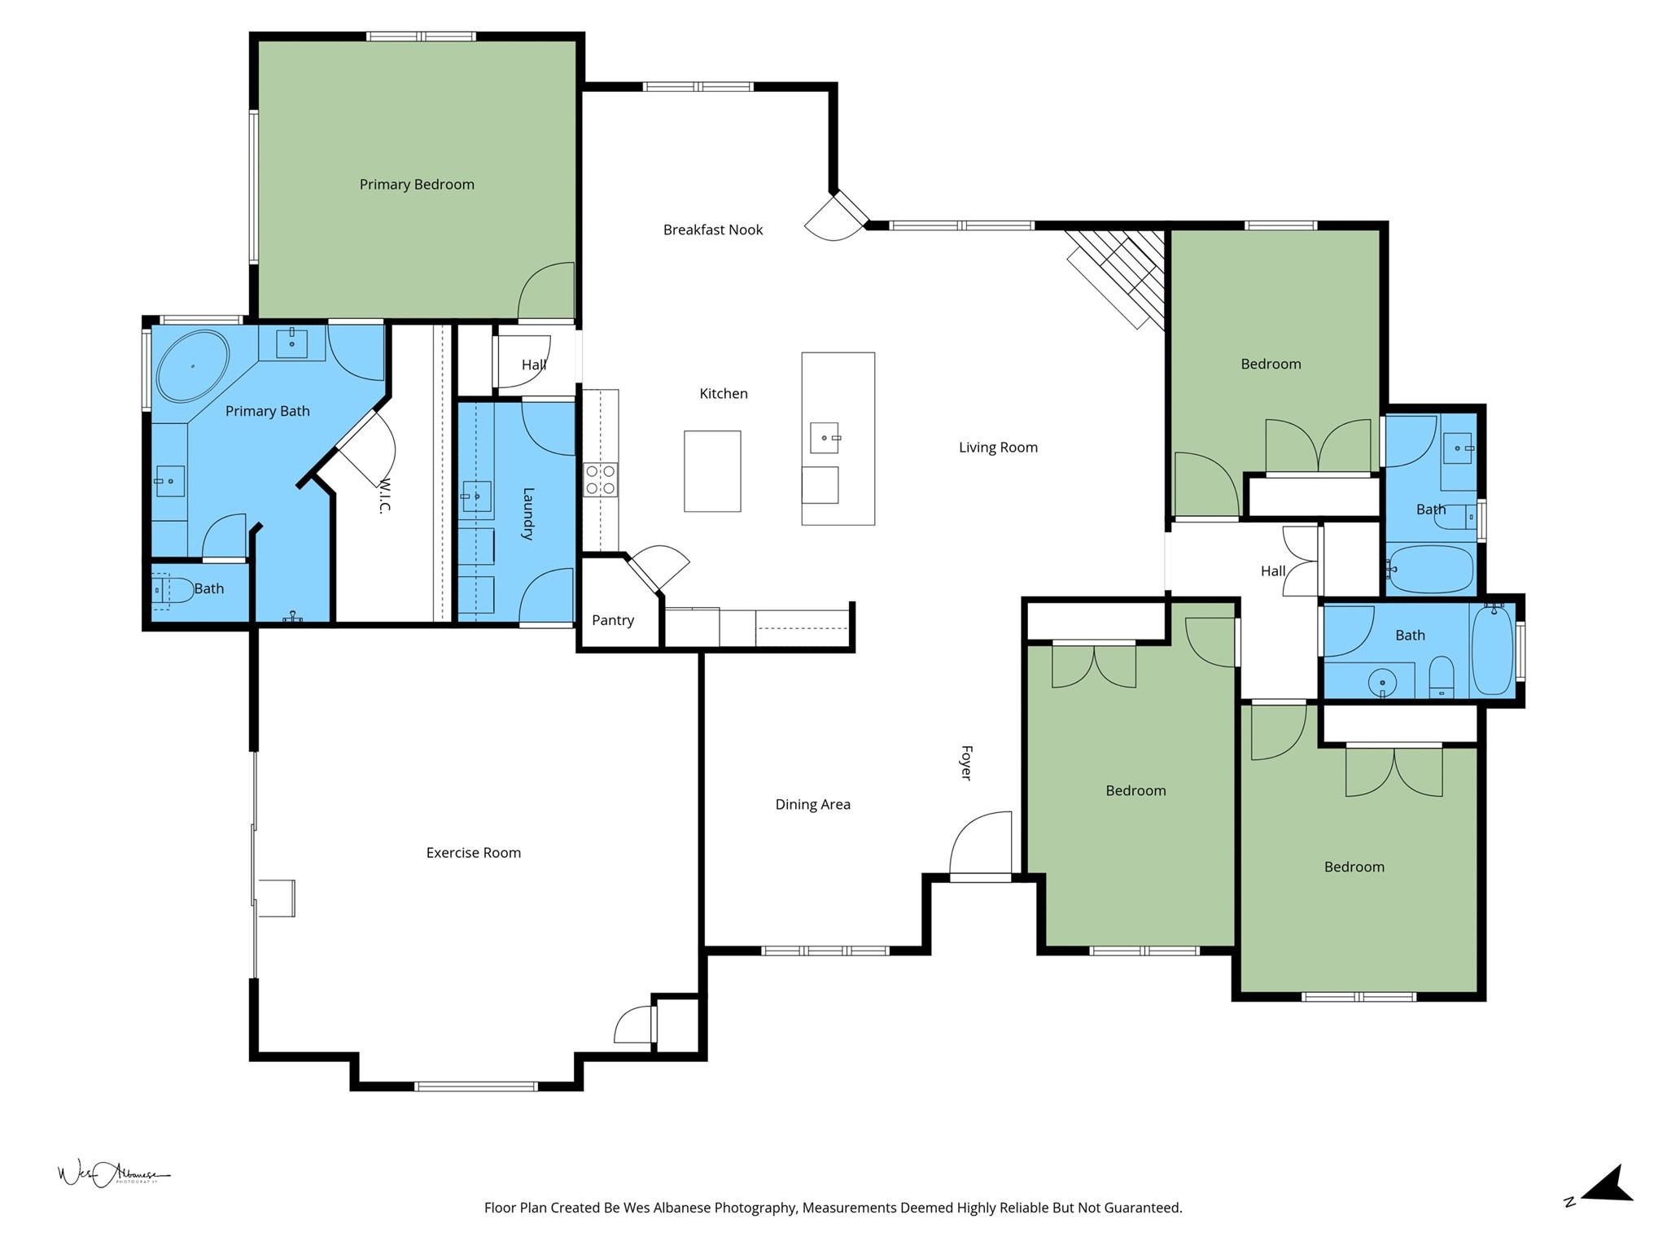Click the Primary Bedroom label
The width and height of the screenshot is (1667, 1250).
pyautogui.click(x=417, y=185)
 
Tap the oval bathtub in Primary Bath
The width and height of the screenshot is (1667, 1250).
pyautogui.click(x=193, y=365)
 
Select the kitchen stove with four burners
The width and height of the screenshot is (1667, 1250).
pyautogui.click(x=601, y=479)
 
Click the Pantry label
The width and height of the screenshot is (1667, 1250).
pyautogui.click(x=613, y=620)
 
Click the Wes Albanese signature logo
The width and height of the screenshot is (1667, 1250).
pyautogui.click(x=112, y=1174)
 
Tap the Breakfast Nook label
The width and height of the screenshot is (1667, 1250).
pyautogui.click(x=713, y=230)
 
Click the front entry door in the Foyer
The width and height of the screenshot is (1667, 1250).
pyautogui.click(x=981, y=846)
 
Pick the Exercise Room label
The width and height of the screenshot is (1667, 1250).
pyautogui.click(x=473, y=853)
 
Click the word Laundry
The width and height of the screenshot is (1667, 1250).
pyautogui.click(x=527, y=514)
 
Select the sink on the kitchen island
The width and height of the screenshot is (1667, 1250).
pyautogui.click(x=825, y=438)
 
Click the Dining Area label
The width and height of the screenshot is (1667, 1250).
pyautogui.click(x=812, y=805)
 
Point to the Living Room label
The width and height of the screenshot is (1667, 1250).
pyautogui.click(x=998, y=448)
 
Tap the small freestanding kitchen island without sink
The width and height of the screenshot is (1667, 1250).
pyautogui.click(x=712, y=471)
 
